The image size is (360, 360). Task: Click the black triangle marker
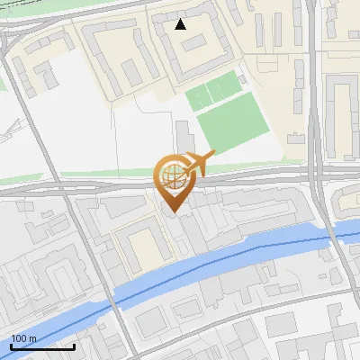point(181,24)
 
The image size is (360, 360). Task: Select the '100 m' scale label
point(23,338)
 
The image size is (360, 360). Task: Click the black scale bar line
point(42,346)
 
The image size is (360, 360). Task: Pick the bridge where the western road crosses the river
point(114,296)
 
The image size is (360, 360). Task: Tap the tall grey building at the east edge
point(342,103)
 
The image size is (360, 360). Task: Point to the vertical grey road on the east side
point(315,108)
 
